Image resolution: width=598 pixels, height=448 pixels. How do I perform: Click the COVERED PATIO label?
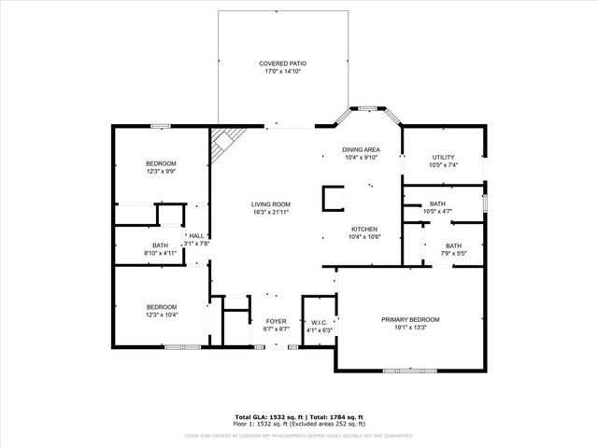pyautogui.click(x=282, y=63)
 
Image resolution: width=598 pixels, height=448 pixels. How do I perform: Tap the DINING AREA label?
pyautogui.click(x=360, y=149)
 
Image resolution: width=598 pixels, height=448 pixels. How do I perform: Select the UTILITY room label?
pyautogui.click(x=443, y=157)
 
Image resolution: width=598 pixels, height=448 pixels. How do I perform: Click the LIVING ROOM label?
pyautogui.click(x=270, y=204)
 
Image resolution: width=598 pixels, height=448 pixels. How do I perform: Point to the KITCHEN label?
pyautogui.click(x=363, y=229)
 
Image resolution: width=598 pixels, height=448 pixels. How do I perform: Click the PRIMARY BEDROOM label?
pyautogui.click(x=410, y=319)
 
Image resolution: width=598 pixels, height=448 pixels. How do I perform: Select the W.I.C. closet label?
pyautogui.click(x=320, y=322)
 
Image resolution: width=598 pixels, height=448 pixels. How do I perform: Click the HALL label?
pyautogui.click(x=197, y=236)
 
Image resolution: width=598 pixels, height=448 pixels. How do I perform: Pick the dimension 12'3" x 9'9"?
pyautogui.click(x=161, y=172)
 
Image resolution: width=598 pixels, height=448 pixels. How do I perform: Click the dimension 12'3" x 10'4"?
pyautogui.click(x=161, y=315)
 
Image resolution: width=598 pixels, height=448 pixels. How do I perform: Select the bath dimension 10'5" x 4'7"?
pyautogui.click(x=437, y=212)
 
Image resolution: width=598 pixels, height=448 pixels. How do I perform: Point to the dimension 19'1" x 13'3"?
pyautogui.click(x=410, y=328)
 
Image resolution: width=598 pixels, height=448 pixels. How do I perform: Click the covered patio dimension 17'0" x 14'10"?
pyautogui.click(x=282, y=72)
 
